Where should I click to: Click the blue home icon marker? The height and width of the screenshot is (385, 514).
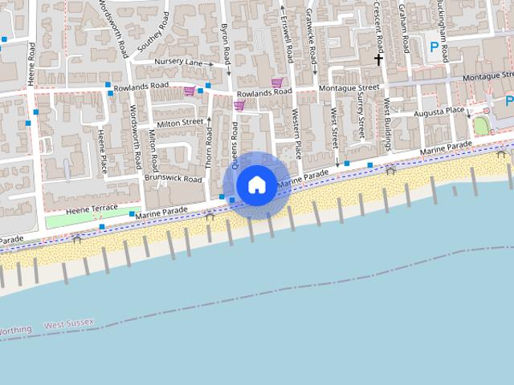[x=256, y=184]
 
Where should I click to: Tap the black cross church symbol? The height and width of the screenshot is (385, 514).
[x=378, y=59]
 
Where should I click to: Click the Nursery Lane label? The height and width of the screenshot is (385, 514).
[x=179, y=62]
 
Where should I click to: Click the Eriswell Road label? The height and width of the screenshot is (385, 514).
[x=288, y=37]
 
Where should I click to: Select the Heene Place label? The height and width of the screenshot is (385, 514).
[x=103, y=150]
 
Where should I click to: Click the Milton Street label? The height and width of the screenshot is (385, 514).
[x=180, y=123]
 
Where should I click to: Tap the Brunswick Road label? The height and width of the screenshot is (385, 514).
[x=175, y=179]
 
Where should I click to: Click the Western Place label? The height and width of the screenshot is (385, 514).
[x=296, y=133]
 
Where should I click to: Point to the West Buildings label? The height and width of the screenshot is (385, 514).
[x=386, y=124]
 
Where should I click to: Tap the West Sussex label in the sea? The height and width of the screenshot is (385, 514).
[x=69, y=324]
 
